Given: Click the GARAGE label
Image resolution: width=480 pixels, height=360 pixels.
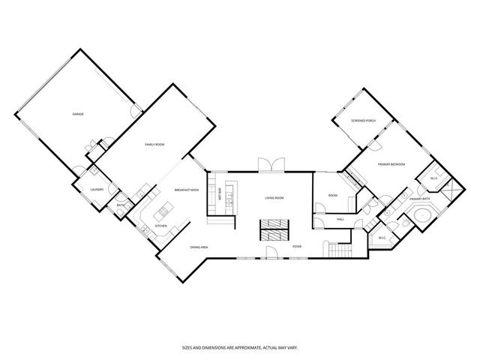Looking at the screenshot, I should tap(77, 114).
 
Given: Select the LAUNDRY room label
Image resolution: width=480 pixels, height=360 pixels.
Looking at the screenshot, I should tap(96, 190).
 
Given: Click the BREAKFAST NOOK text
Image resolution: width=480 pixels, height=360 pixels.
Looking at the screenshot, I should tap(186, 190).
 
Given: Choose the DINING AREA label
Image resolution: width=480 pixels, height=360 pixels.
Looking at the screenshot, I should tap(199, 247).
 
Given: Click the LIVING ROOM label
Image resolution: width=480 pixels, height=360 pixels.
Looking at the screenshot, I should tap(274, 198).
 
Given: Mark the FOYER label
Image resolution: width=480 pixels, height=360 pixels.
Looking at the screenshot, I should tap(297, 246).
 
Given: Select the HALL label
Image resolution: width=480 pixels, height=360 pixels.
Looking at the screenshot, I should tap(340, 219).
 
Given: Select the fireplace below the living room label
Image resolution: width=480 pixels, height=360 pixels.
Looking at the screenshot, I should tap(273, 229).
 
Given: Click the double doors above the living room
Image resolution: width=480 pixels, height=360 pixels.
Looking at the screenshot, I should tap(268, 165).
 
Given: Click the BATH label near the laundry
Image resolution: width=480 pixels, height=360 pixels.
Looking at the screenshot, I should tap(120, 205).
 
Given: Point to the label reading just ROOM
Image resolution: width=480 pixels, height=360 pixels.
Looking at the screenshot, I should tap(332, 196).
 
